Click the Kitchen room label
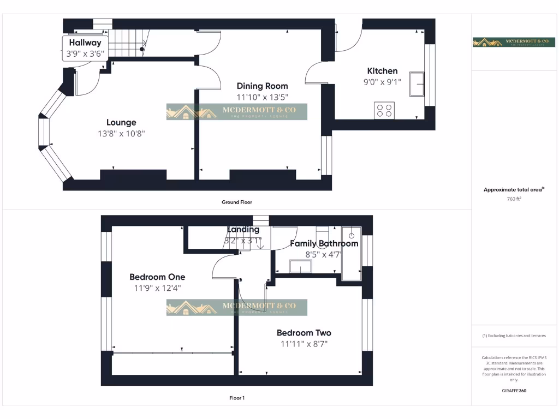[x=382, y=71]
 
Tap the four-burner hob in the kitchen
[x=384, y=111]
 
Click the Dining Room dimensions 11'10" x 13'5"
[x=262, y=97]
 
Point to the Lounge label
[x=121, y=123]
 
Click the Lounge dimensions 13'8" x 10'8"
[x=121, y=134]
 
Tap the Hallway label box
[x=85, y=48]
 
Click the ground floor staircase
[x=129, y=43]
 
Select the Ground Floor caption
[x=237, y=202]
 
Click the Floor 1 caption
[x=237, y=398]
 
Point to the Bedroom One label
[x=157, y=277]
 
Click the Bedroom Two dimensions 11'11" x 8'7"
[x=304, y=344]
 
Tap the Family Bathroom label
[x=324, y=243]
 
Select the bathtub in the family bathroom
[x=351, y=253]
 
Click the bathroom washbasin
[x=300, y=266]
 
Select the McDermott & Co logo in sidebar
[x=514, y=42]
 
